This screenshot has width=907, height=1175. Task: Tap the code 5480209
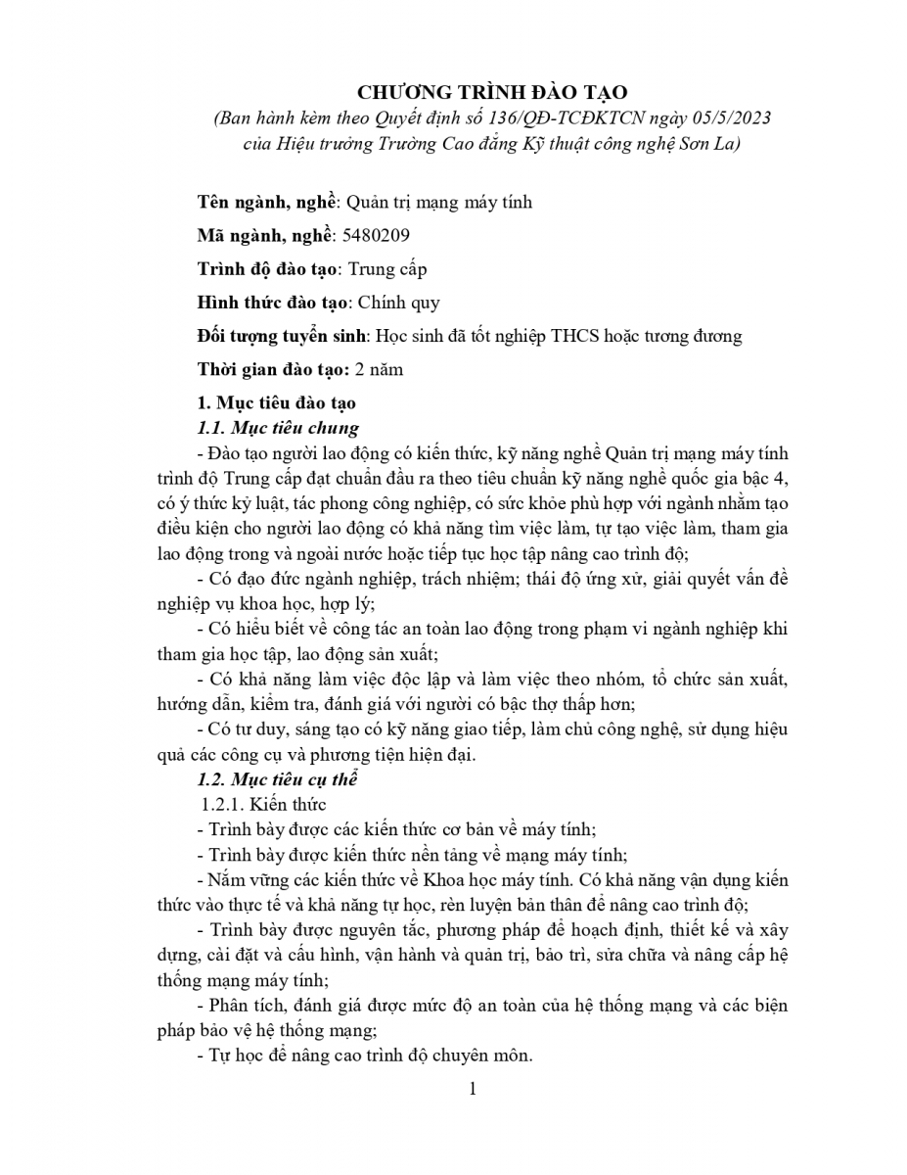point(378,235)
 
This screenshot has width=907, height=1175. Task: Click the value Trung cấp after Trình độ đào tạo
point(387,268)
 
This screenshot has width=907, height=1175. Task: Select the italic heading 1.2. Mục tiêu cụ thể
point(278,779)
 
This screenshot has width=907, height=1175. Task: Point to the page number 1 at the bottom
point(473,1089)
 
